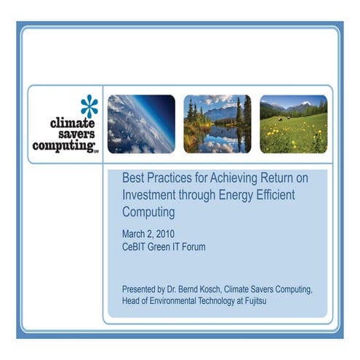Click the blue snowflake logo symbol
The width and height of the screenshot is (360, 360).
88,106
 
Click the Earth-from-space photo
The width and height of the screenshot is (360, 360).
141,124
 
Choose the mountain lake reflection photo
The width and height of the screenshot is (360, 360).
217,124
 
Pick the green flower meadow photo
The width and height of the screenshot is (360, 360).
293,124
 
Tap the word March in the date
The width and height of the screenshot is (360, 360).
136,233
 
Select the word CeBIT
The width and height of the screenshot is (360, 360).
137,247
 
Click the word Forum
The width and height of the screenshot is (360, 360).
191,247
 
